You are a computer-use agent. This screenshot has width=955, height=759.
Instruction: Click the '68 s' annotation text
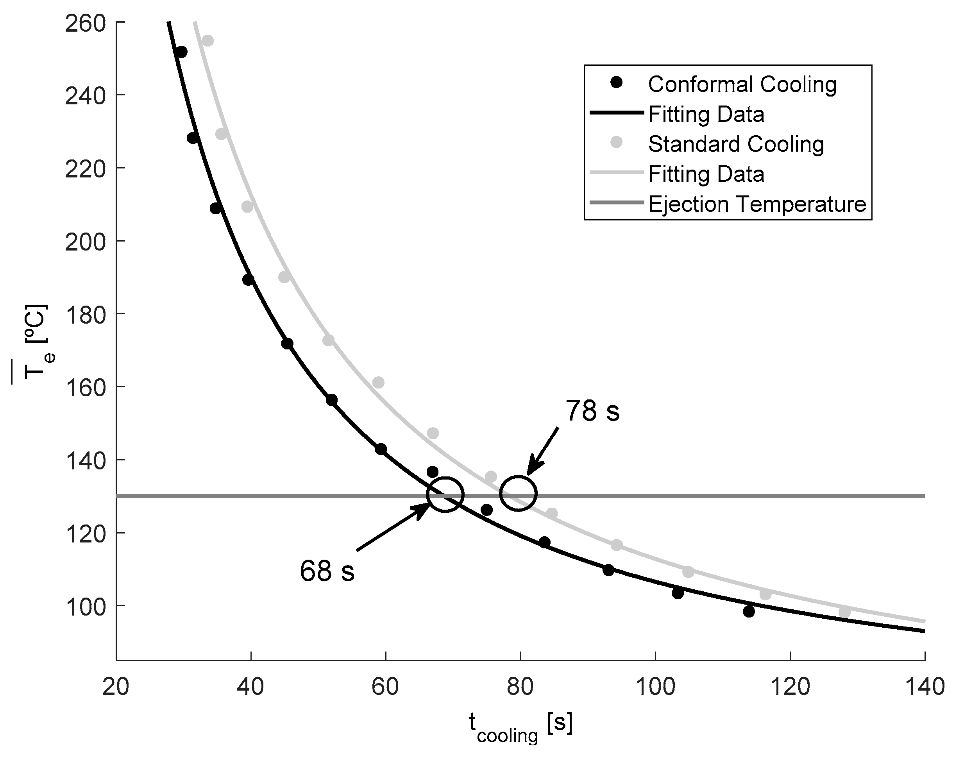327,571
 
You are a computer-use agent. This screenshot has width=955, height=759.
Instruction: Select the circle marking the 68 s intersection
445,494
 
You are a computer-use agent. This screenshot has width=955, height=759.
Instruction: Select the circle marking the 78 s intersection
518,493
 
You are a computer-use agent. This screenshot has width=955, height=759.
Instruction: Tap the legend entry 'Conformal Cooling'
742,84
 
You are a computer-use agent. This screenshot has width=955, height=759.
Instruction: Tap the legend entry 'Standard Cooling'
736,144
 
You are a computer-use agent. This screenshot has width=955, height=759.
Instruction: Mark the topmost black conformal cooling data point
181,52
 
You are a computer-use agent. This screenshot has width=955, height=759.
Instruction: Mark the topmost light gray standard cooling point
207,41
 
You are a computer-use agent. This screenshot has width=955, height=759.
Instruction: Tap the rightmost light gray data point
844,612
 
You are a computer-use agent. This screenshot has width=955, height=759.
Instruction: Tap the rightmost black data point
749,611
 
